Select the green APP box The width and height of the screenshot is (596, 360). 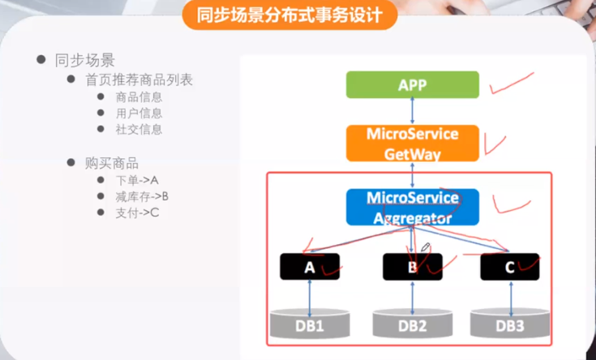[x=413, y=85]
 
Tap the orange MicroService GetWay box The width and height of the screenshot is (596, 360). [x=413, y=143]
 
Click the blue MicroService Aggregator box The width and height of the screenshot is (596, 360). [x=413, y=207]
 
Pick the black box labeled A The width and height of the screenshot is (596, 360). [x=310, y=267]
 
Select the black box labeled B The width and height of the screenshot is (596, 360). [x=412, y=267]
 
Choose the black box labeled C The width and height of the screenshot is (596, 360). [x=510, y=267]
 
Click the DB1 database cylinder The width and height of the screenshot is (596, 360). [x=310, y=324]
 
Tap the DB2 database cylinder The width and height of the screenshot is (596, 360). [x=412, y=324]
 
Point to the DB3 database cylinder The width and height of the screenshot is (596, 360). [x=510, y=324]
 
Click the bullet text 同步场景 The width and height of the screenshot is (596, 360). [x=84, y=60]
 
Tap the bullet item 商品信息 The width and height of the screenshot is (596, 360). [x=139, y=97]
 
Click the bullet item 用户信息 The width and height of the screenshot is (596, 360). [x=139, y=114]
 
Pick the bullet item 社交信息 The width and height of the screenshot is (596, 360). [x=139, y=130]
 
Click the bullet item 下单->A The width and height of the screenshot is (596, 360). [x=136, y=180]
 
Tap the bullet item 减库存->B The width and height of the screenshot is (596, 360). [x=142, y=196]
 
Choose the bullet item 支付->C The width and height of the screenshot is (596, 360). [x=136, y=212]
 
